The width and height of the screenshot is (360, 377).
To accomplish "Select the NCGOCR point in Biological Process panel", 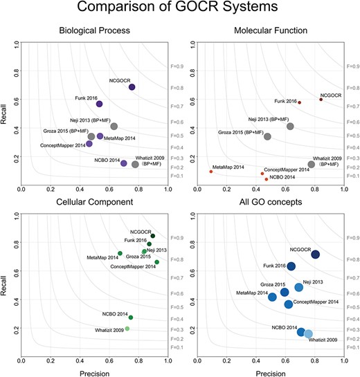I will coord(132,87).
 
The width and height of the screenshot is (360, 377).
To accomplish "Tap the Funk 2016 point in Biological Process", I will coord(100,104).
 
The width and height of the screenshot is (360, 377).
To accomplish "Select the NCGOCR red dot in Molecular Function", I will coord(321,100).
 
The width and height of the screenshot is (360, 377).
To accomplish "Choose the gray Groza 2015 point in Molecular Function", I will coord(267,136).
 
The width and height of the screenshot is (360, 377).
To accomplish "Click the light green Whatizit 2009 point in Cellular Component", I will coord(127,329).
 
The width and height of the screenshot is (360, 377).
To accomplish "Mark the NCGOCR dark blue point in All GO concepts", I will coord(316,255).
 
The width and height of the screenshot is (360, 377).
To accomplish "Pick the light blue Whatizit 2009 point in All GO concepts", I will coord(309,334).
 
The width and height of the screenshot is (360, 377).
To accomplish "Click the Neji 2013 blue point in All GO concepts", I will coord(299,287).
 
